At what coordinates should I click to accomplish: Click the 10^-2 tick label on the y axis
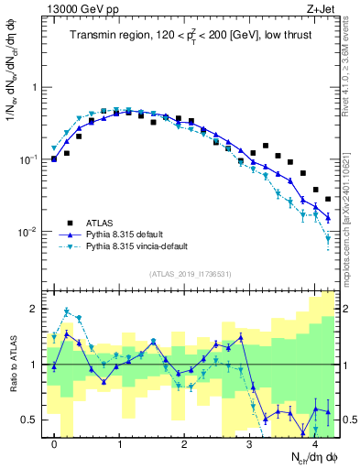(29, 232)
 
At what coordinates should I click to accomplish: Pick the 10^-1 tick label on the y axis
(29, 159)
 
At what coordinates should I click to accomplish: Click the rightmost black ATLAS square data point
(328, 199)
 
